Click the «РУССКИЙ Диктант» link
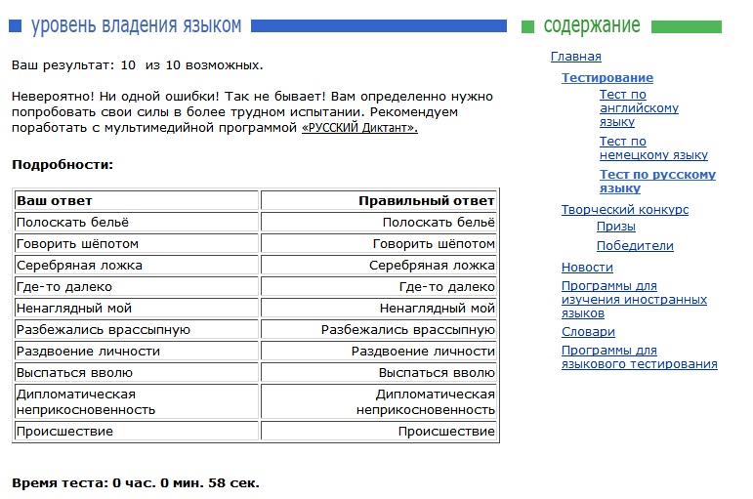pos(359,128)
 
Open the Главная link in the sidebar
pos(575,57)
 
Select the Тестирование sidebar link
pos(607,78)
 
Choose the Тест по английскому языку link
pos(638,108)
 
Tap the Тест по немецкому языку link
pos(652,148)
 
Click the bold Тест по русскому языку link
pos(656,182)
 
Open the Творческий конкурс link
pos(624,210)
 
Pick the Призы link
pos(615,227)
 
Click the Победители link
pos(635,246)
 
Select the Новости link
pos(587,268)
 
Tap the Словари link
pos(588,332)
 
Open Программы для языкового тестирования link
pos(639,357)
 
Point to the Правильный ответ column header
pos(426,201)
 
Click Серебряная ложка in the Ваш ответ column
pos(79,266)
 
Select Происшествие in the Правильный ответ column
pos(446,432)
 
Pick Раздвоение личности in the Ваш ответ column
pos(88,352)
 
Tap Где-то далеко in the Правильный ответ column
pos(447,287)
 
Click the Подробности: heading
pos(63,165)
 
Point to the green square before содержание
pos(528,26)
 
